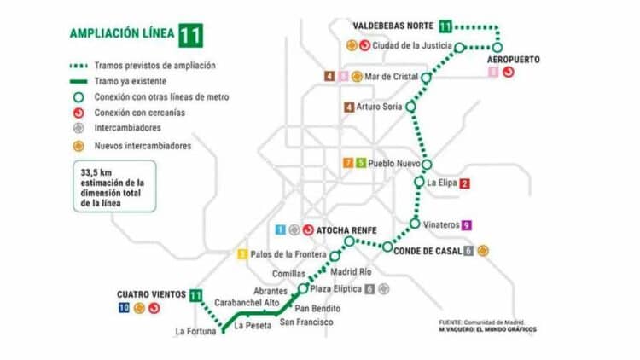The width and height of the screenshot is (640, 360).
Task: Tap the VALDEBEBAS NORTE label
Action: [x=393, y=26]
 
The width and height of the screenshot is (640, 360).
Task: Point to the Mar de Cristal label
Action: [x=391, y=77]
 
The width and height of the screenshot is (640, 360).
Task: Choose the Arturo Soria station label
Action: [x=381, y=107]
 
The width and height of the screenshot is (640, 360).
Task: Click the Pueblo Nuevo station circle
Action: [x=428, y=164]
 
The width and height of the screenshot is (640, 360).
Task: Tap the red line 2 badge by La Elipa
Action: [x=464, y=183]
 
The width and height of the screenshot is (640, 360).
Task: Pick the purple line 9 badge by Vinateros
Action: [x=466, y=224]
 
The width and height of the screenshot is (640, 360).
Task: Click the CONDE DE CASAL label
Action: [x=429, y=250]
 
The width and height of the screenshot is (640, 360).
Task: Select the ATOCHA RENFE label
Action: [x=346, y=229]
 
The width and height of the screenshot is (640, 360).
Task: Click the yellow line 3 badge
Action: [x=242, y=253]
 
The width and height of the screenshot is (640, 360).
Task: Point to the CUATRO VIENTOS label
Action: [x=151, y=294]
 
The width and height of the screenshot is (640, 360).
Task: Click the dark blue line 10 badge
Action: [x=125, y=308]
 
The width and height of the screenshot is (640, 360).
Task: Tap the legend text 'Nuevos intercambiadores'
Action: [x=143, y=146]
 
